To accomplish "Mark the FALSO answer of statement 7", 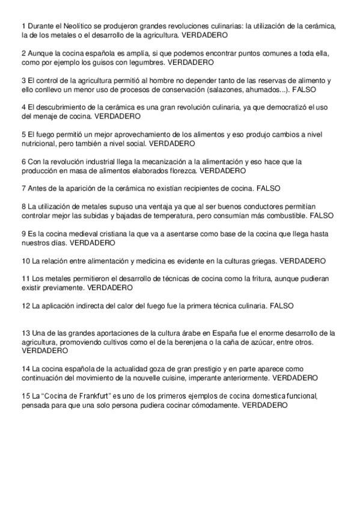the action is (x=268, y=188).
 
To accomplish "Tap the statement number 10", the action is (x=25, y=261).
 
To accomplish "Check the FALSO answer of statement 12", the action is (x=282, y=306).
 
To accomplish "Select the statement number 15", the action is (x=25, y=397).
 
